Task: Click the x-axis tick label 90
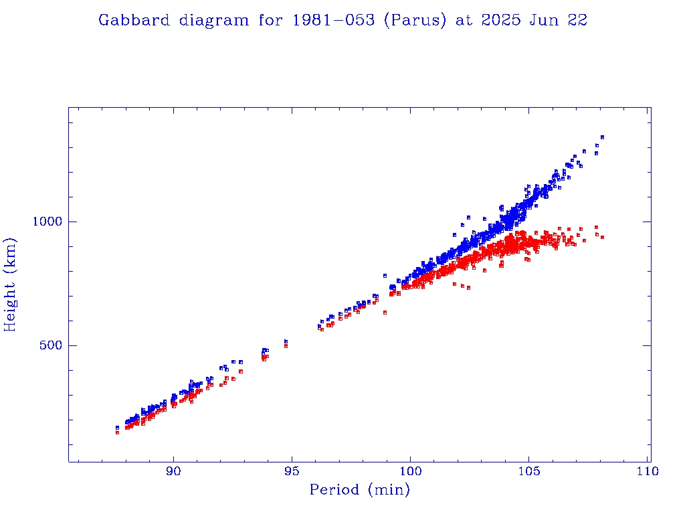pyautogui.click(x=174, y=471)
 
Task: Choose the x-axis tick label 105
pyautogui.click(x=529, y=471)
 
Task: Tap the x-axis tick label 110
pyautogui.click(x=648, y=471)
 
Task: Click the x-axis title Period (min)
pyautogui.click(x=359, y=491)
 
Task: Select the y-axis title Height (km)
pyautogui.click(x=11, y=284)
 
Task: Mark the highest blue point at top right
pyautogui.click(x=602, y=137)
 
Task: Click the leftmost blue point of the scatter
pyautogui.click(x=117, y=427)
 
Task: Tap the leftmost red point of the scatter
pyautogui.click(x=117, y=432)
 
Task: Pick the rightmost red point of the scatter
pyautogui.click(x=602, y=237)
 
